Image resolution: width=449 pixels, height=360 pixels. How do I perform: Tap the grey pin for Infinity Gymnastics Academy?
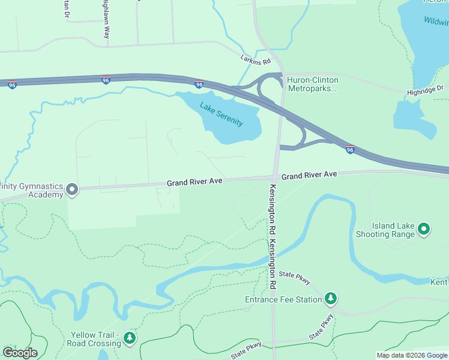pyautogui.click(x=72, y=190)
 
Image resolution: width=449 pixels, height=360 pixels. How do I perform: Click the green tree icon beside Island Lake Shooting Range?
pyautogui.click(x=424, y=229)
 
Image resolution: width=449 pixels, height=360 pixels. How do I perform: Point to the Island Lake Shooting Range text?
pyautogui.click(x=393, y=230)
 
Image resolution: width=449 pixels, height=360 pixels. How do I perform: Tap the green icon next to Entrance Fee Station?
pyautogui.click(x=330, y=298)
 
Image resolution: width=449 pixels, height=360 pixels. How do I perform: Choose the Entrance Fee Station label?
pyautogui.click(x=283, y=299)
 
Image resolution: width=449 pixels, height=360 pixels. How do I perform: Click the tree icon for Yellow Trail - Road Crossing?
pyautogui.click(x=130, y=339)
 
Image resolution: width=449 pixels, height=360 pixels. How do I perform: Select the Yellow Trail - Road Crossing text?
pyautogui.click(x=95, y=339)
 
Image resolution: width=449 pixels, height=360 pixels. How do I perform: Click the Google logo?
pyautogui.click(x=20, y=353)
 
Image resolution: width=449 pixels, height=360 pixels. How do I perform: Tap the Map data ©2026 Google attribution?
pyautogui.click(x=412, y=355)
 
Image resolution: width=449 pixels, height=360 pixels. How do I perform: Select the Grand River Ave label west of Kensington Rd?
pyautogui.click(x=195, y=181)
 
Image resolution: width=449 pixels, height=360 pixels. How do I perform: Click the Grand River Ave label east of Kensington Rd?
pyautogui.click(x=309, y=175)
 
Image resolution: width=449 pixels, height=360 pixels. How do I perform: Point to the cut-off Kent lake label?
pyautogui.click(x=439, y=282)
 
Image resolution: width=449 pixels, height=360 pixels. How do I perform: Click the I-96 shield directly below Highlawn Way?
pyautogui.click(x=106, y=80)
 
